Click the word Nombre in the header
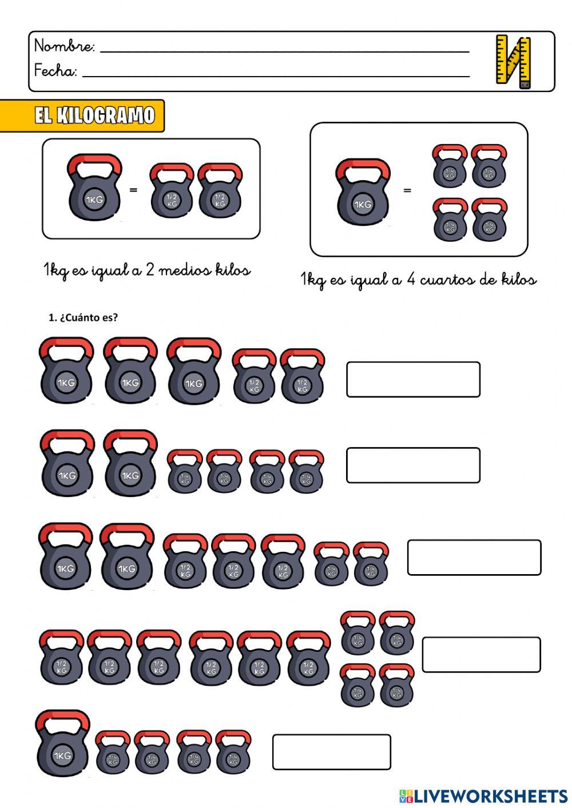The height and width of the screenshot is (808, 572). click(x=64, y=46)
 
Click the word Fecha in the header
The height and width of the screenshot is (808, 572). click(x=55, y=71)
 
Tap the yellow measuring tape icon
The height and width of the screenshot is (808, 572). click(x=513, y=61)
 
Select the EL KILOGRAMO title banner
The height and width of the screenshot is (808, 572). click(x=94, y=116)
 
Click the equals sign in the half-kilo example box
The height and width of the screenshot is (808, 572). click(x=133, y=189)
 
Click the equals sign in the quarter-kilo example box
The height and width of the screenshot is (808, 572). click(x=407, y=190)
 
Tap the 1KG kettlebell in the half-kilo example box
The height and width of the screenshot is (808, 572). click(x=94, y=188)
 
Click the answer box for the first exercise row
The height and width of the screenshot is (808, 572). click(x=413, y=379)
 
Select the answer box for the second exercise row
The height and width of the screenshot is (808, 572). click(x=413, y=465)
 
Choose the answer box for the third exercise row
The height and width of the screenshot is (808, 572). click(x=474, y=557)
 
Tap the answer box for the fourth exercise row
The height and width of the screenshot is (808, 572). click(x=481, y=654)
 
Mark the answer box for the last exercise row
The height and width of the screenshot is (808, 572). click(x=332, y=751)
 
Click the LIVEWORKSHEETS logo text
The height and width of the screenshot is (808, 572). click(x=490, y=795)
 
